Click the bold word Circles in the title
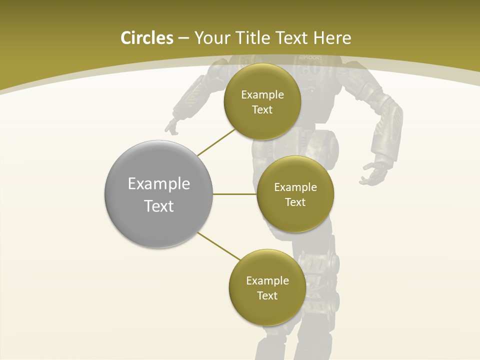(x=146, y=38)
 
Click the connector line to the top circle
(x=216, y=141)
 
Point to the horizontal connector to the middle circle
(x=234, y=194)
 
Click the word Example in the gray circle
(x=159, y=184)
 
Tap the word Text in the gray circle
(x=159, y=206)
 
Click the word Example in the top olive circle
(x=262, y=95)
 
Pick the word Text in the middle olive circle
(x=295, y=202)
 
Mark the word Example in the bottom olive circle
(x=267, y=280)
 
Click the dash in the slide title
(x=183, y=38)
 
